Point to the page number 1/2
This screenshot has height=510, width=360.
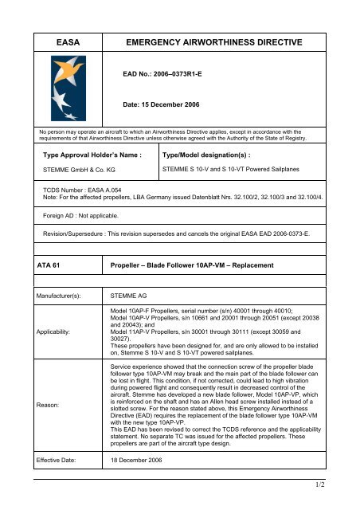pos(344,504)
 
